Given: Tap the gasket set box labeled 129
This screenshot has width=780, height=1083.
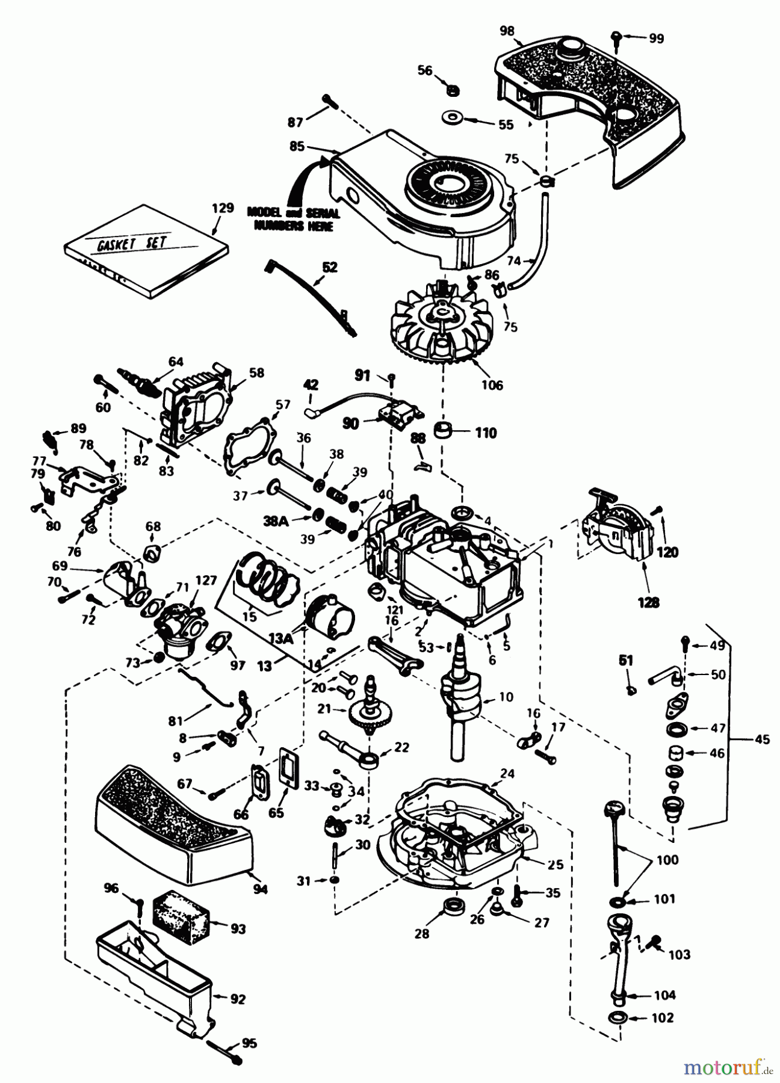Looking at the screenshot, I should click(148, 253).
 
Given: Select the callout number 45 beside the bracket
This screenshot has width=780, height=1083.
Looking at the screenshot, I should click(761, 740).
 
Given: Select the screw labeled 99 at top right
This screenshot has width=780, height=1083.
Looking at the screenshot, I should click(617, 37).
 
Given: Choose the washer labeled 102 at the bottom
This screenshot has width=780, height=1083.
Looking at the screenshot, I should click(618, 1017).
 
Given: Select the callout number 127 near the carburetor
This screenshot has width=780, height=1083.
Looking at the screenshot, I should click(207, 581).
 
